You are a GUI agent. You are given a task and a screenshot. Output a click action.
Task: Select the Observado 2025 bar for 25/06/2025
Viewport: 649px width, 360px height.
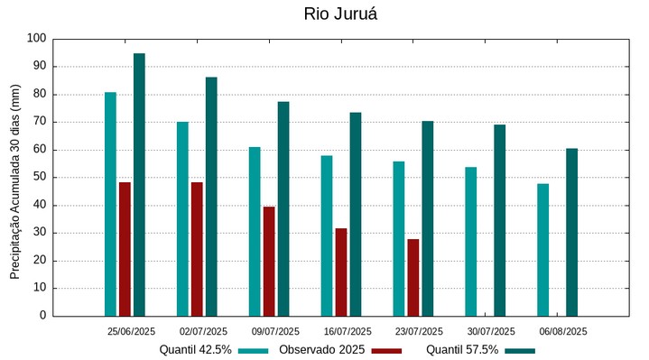click(125, 249)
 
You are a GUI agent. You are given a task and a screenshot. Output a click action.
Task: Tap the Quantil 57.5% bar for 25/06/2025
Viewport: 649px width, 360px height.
click(139, 185)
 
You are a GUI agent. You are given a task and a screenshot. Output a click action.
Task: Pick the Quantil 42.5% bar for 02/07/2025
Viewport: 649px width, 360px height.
click(182, 219)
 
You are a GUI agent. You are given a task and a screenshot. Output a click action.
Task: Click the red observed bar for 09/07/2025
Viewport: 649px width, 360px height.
click(269, 262)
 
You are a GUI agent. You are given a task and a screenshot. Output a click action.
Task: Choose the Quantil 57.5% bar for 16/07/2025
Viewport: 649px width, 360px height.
click(356, 214)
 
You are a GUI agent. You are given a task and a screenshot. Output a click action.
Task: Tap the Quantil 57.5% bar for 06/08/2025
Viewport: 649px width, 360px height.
click(572, 232)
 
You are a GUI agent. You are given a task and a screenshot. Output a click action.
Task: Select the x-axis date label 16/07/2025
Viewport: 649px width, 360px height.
click(348, 331)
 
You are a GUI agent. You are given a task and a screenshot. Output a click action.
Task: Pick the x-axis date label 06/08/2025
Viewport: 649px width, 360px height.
click(564, 331)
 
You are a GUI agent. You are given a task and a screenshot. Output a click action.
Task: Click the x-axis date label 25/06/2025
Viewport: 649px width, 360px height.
click(131, 331)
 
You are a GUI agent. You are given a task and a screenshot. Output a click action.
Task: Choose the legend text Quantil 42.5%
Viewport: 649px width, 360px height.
click(196, 349)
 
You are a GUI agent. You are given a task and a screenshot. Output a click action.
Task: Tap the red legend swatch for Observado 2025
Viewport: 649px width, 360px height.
click(386, 350)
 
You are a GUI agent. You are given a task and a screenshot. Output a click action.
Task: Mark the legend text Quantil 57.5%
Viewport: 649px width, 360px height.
click(462, 349)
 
